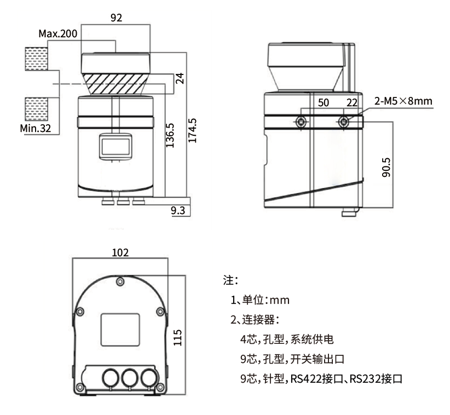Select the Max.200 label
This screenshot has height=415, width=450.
click(x=57, y=34)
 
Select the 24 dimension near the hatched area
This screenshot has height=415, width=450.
click(x=180, y=78)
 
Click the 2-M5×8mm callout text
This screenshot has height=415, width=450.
click(x=403, y=101)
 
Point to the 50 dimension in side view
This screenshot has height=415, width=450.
click(x=323, y=103)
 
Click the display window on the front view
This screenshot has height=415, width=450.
click(x=115, y=147)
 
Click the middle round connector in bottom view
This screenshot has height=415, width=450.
click(x=130, y=378)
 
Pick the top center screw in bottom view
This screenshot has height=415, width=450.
click(x=120, y=282)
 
